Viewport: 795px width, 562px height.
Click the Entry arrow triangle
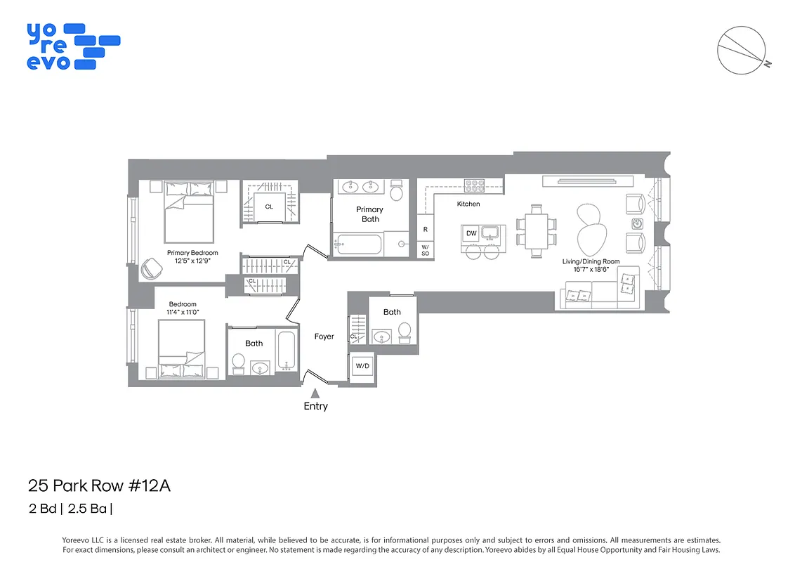[315, 393]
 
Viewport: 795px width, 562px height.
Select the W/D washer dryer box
[362, 366]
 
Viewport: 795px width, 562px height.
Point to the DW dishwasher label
[471, 233]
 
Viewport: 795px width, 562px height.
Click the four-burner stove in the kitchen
[475, 185]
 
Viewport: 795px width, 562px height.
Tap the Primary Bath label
[369, 214]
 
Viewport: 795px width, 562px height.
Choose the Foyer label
[324, 336]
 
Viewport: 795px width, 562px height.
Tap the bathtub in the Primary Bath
[358, 244]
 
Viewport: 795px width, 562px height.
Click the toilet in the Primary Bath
[397, 190]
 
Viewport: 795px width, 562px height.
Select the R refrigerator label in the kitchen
[425, 230]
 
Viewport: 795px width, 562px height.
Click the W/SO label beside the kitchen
[425, 249]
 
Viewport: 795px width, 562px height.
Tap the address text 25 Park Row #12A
[99, 485]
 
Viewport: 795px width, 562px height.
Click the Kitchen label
[468, 204]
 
